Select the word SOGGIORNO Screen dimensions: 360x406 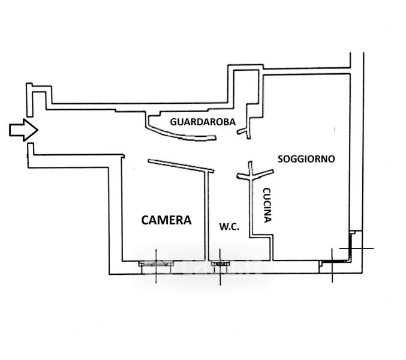click(x=306, y=159)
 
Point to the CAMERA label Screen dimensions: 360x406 click(x=166, y=220)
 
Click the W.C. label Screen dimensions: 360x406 click(x=229, y=226)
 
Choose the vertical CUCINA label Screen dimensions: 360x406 click(x=267, y=205)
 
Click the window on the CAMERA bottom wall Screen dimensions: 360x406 click(x=154, y=262)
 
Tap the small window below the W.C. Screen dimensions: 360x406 click(x=219, y=262)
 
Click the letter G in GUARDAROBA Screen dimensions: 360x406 click(x=173, y=121)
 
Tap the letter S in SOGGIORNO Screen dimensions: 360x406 click(x=281, y=159)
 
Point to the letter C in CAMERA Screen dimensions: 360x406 click(x=145, y=220)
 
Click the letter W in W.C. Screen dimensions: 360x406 click(x=222, y=226)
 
